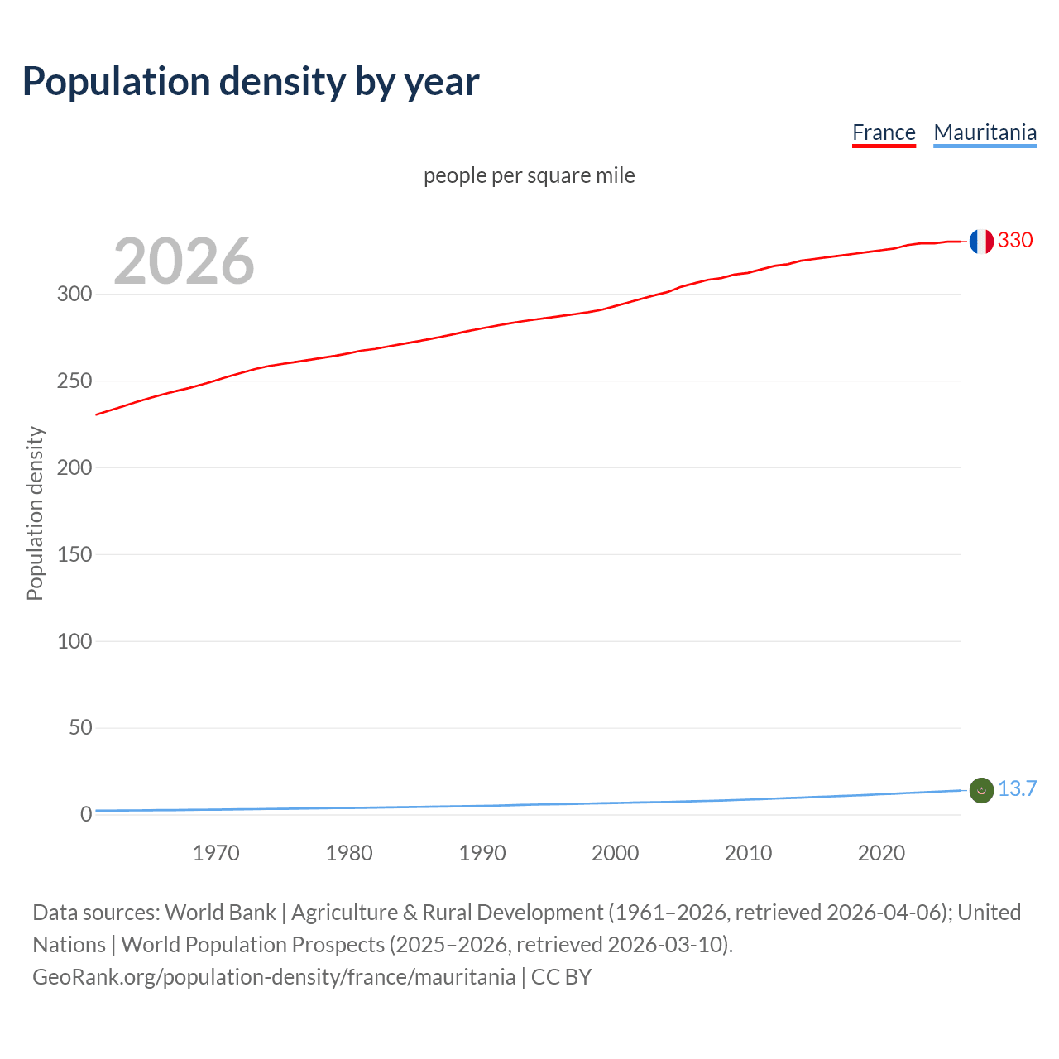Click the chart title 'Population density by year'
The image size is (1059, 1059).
point(251,82)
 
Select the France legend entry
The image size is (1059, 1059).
point(884,132)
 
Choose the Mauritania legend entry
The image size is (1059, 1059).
point(985,132)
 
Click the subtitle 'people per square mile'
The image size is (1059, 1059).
point(529,175)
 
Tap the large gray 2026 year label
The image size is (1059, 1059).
point(184,261)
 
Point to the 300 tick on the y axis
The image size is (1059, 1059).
point(74,295)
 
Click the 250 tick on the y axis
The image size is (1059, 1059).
point(74,381)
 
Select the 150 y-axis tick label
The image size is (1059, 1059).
point(74,554)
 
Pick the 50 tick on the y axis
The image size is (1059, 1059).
point(80,728)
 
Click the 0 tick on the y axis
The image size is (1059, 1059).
point(86,815)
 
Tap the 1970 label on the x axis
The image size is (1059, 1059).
point(216,853)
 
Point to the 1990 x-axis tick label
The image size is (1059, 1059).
point(482,853)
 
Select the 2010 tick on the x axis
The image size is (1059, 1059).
point(748,853)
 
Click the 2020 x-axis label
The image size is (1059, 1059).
point(881,853)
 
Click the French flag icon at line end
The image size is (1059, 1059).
point(981,242)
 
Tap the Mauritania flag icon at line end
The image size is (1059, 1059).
point(981,791)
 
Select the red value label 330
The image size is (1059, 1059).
point(1015,241)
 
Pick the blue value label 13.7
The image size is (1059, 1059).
point(1017,789)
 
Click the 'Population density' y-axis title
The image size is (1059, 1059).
point(35,513)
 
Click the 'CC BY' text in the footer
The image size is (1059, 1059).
point(561,977)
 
